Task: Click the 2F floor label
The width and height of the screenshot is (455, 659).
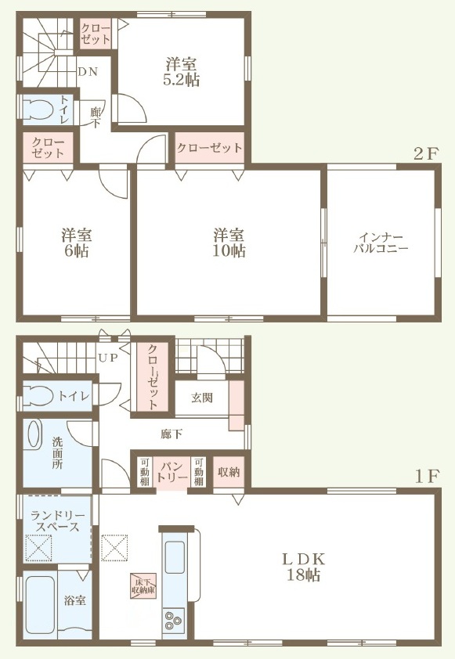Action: coord(426,154)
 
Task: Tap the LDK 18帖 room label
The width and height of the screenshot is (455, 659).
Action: coord(304,567)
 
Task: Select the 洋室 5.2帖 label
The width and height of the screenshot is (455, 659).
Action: coord(181,72)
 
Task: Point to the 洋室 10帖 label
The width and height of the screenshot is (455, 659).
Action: coord(229,242)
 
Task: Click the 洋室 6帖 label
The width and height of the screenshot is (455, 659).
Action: coord(77,243)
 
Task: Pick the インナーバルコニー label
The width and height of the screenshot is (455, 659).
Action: coord(381,243)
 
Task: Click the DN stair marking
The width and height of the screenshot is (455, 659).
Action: coord(88,72)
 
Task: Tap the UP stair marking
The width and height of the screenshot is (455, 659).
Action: coord(107,358)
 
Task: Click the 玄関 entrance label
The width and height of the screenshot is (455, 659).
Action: coord(202,397)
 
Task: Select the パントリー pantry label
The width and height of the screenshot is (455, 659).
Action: coord(172,472)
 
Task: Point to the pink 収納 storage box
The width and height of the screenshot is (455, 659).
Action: coord(229,472)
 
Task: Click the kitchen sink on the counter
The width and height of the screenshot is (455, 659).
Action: coord(175,557)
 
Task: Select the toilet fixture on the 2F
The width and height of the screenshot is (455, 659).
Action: coord(37,110)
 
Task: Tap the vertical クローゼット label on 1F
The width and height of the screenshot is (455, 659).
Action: coord(153,376)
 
